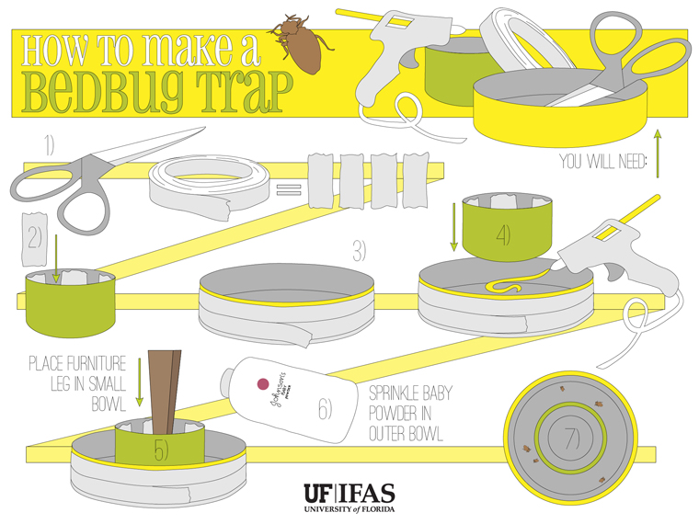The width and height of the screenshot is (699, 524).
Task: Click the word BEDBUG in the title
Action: (x=103, y=90)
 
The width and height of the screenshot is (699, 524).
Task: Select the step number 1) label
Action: (x=48, y=144)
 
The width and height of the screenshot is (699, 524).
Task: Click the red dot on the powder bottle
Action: (x=260, y=382)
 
